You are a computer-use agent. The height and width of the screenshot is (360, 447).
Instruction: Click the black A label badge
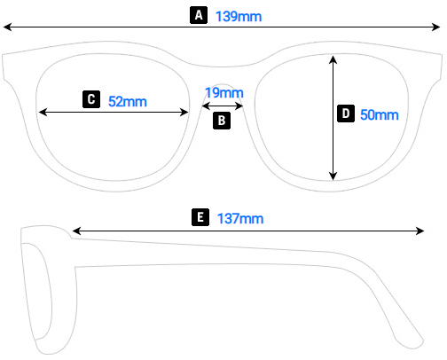point(199,15)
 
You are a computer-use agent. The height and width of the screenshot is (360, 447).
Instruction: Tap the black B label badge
point(222,120)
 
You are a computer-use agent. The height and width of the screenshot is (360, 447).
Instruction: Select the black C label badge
point(90,99)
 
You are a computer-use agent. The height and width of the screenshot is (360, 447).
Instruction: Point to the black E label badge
point(200,217)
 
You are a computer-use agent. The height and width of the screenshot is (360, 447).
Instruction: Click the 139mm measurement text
point(239,16)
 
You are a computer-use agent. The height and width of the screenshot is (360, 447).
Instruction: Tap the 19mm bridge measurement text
point(223,92)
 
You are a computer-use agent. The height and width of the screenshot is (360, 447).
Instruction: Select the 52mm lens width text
point(127,100)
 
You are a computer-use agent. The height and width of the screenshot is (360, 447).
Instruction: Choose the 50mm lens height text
point(380,114)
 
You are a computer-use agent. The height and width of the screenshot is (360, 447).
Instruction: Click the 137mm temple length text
point(239,218)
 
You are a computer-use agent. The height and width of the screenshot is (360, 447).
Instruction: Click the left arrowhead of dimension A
point(8,29)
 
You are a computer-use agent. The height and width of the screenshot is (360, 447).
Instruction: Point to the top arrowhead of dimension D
point(333,59)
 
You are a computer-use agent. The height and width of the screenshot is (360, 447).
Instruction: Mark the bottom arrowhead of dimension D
point(333,176)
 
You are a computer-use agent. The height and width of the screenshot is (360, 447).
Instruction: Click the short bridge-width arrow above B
point(223,105)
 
